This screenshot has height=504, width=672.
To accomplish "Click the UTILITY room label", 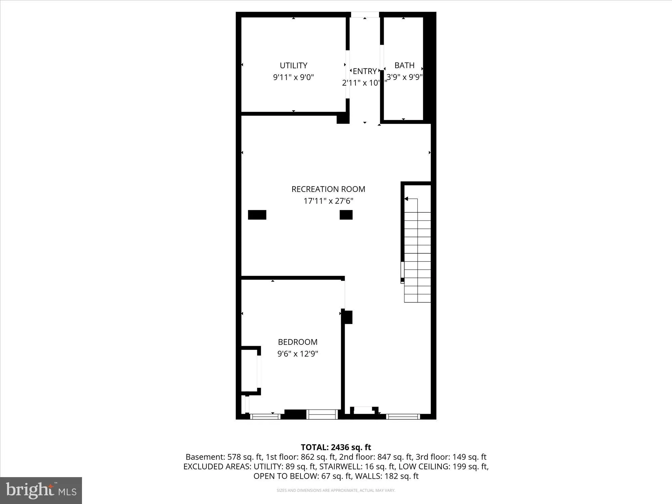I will (293, 66).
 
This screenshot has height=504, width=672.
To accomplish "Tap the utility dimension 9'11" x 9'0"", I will (293, 77).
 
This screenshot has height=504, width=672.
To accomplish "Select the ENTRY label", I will (365, 71).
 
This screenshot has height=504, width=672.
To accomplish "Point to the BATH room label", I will (404, 65).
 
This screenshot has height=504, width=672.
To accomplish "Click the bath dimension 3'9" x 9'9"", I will (404, 77).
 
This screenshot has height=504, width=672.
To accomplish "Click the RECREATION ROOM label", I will (328, 189).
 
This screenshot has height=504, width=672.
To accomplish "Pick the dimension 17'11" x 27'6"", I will (328, 201).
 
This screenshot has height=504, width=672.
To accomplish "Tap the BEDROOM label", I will (297, 342).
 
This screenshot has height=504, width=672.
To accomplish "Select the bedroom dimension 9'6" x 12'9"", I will (297, 354).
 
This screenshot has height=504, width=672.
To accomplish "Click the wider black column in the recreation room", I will (257, 215).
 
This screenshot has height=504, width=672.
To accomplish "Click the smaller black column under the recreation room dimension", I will (346, 215).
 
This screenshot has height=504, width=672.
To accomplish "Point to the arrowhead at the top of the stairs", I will (406, 199).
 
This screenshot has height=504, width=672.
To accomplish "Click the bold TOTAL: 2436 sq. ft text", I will (336, 447).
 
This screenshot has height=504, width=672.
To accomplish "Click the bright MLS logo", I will (41, 491).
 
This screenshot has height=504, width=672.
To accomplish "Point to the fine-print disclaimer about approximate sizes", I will (336, 491).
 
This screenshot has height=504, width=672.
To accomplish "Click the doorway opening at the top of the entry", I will (365, 15).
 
